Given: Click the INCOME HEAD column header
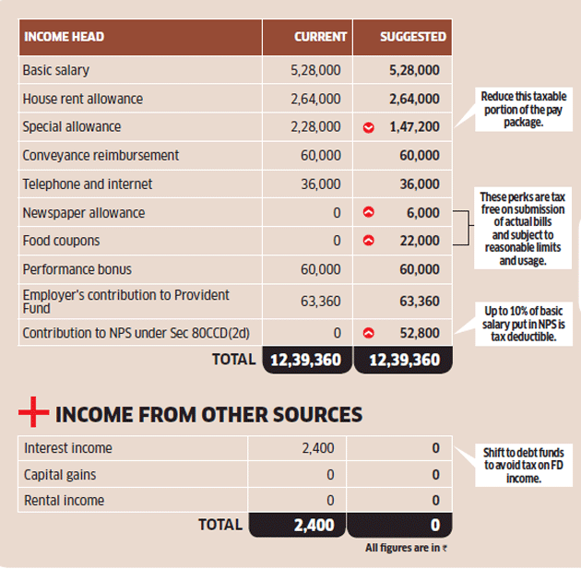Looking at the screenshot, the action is pyautogui.click(x=65, y=37).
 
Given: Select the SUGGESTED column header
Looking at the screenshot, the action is pyautogui.click(x=413, y=37).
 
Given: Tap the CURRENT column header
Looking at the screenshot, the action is pyautogui.click(x=321, y=37).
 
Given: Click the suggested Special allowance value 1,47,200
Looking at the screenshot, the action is pyautogui.click(x=414, y=126).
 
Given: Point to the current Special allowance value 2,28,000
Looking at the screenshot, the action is pyautogui.click(x=315, y=126).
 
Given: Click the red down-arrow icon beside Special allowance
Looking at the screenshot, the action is pyautogui.click(x=368, y=128).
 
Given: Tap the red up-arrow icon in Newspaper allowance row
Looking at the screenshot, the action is pyautogui.click(x=368, y=212).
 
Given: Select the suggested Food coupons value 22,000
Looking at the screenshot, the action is pyautogui.click(x=420, y=241).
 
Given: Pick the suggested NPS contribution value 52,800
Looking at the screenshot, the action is pyautogui.click(x=420, y=333).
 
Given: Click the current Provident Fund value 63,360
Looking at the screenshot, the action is pyautogui.click(x=321, y=302).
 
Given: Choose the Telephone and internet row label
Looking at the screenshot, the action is pyautogui.click(x=88, y=184).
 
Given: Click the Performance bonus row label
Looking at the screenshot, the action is pyautogui.click(x=77, y=269).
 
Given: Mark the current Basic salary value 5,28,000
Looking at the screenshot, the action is pyautogui.click(x=315, y=70).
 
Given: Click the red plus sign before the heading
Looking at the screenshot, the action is pyautogui.click(x=34, y=411).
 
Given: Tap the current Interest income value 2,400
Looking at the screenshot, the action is pyautogui.click(x=318, y=448).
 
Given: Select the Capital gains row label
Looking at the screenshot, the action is pyautogui.click(x=60, y=475).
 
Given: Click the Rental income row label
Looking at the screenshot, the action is pyautogui.click(x=65, y=501).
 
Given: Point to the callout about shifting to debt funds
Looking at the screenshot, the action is pyautogui.click(x=524, y=466).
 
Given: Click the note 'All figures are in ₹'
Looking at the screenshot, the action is pyautogui.click(x=406, y=548).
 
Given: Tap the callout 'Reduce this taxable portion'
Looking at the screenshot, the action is pyautogui.click(x=524, y=109).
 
